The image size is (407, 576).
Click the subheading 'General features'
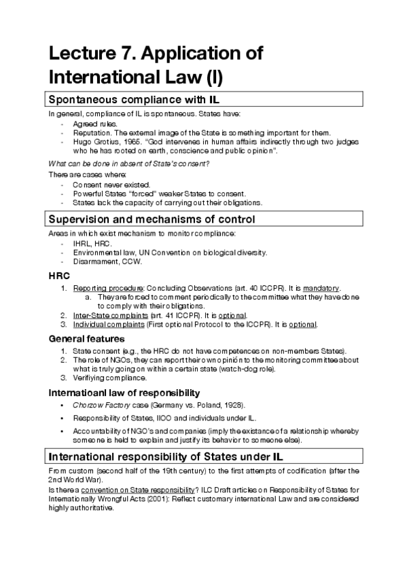pyautogui.click(x=86, y=338)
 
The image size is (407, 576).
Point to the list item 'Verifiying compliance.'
pyautogui.click(x=109, y=377)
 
